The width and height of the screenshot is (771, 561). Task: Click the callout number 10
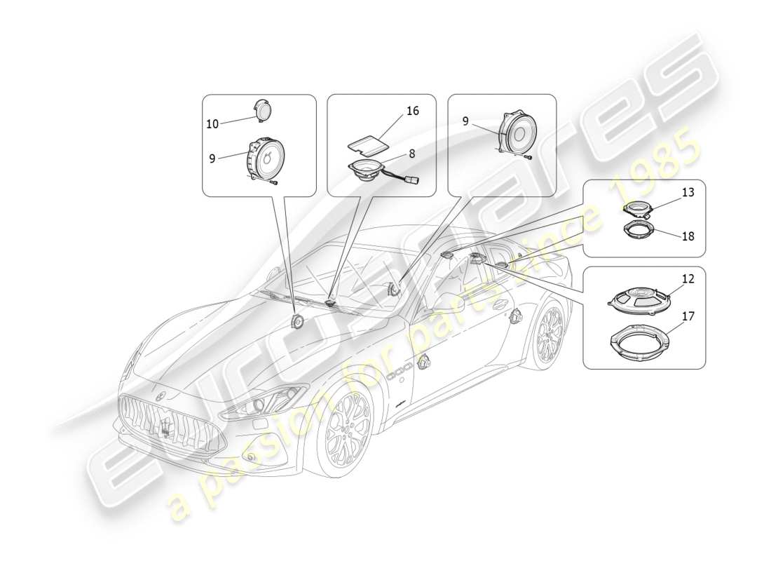212,124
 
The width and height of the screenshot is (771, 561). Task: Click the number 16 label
412,111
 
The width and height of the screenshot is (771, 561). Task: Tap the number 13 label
688,192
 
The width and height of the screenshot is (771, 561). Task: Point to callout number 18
688,236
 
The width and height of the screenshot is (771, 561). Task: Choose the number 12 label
688,279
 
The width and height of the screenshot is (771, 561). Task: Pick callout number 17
688,316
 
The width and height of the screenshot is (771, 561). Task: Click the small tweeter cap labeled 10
264,111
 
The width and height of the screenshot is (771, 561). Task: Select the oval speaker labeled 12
639,297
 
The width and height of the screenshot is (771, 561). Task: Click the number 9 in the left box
212,158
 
